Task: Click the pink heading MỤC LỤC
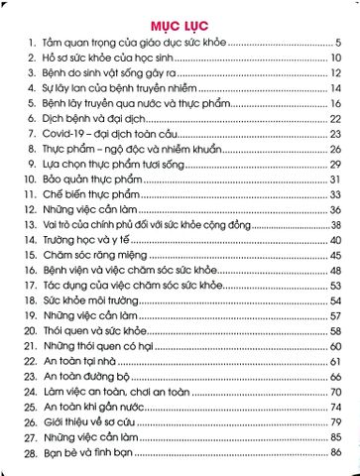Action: pos(180,23)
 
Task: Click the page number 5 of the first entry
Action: pos(338,44)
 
